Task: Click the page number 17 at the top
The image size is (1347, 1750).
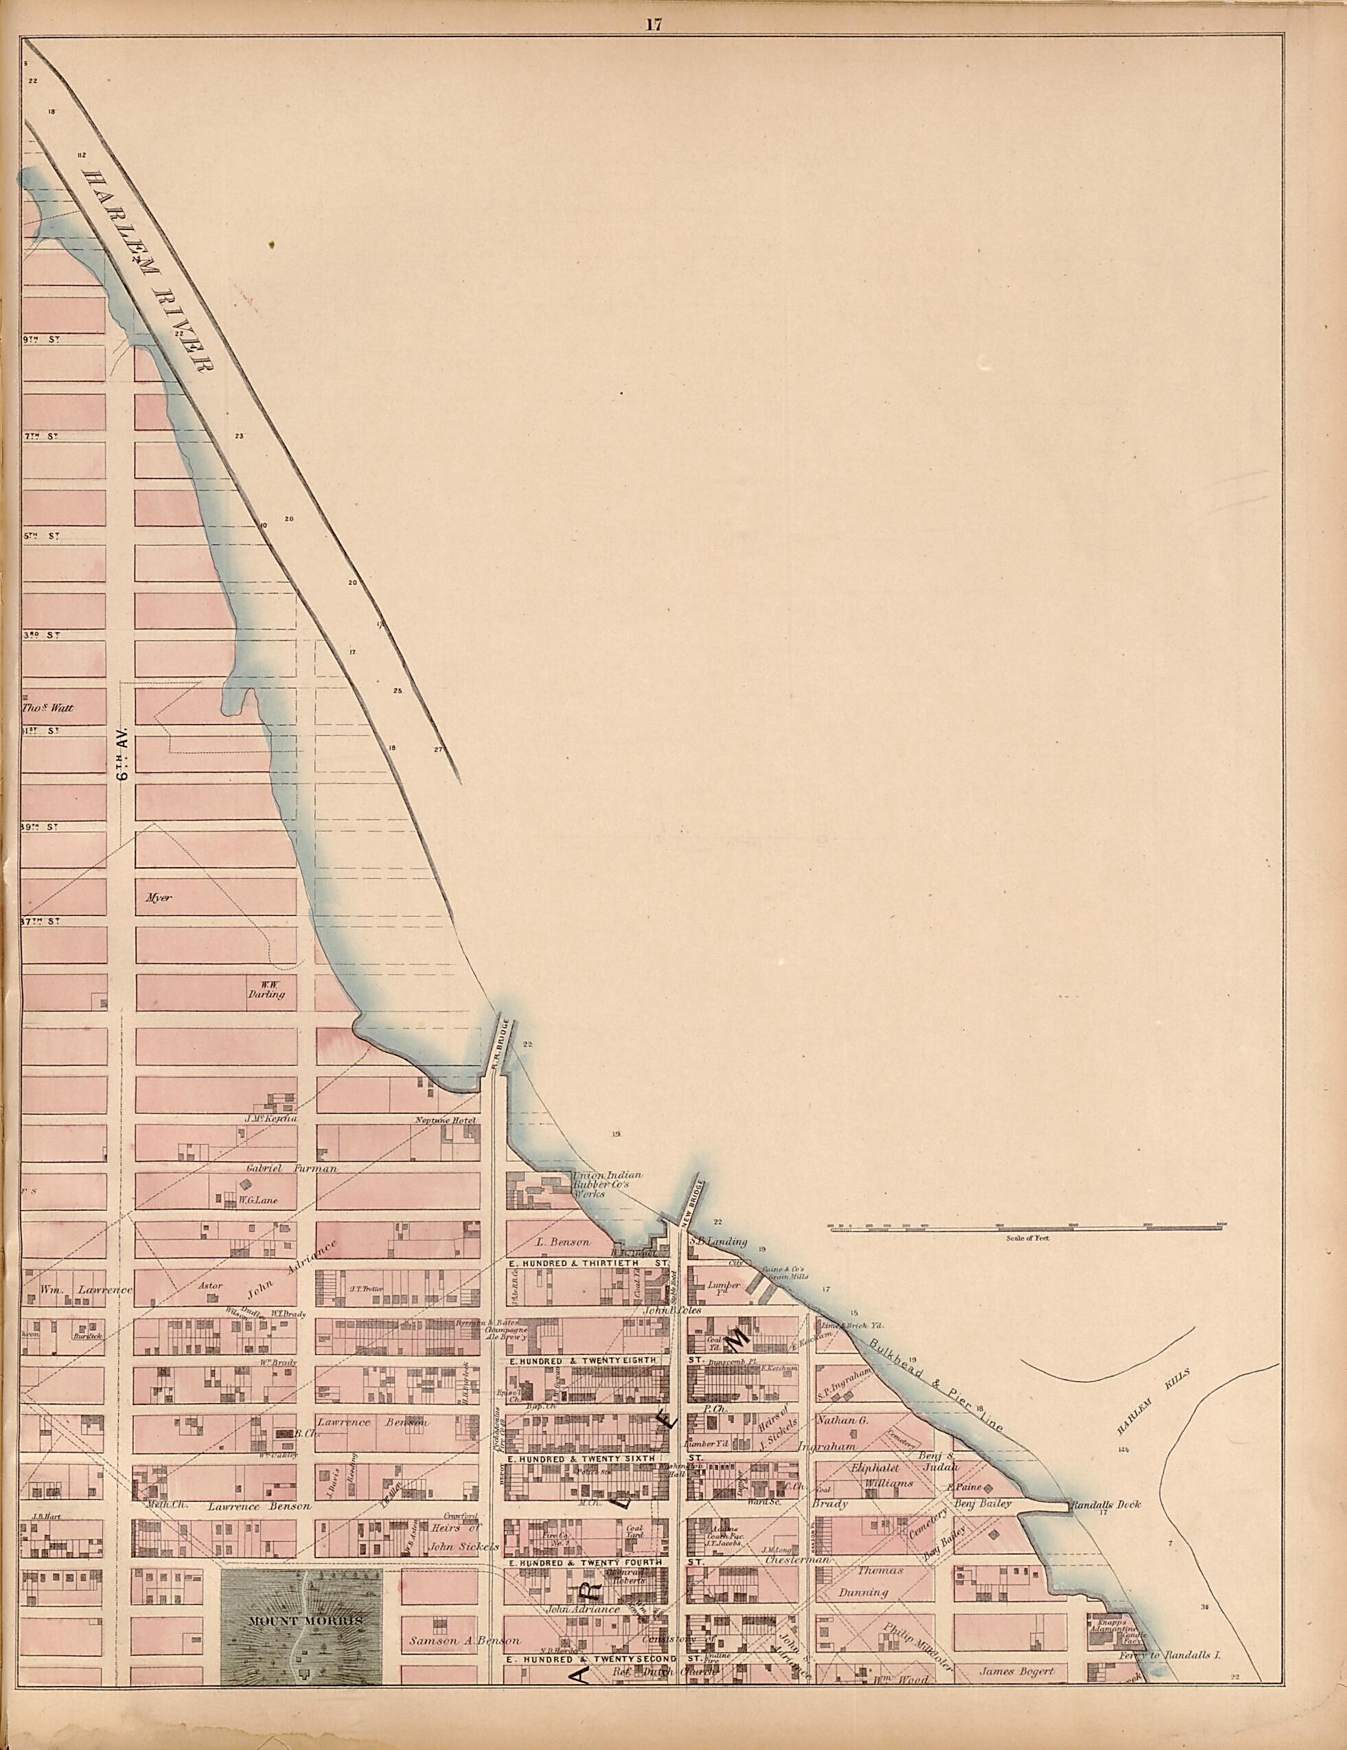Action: (x=653, y=24)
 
